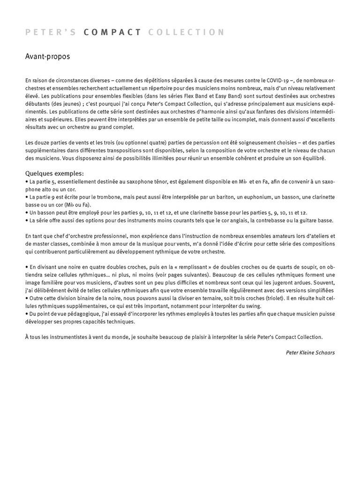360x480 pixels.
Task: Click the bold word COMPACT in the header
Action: click(x=112, y=32)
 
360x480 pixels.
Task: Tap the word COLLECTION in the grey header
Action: click(x=186, y=32)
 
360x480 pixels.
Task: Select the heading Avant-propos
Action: click(x=47, y=57)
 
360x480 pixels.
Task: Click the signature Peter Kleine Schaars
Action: click(x=310, y=352)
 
